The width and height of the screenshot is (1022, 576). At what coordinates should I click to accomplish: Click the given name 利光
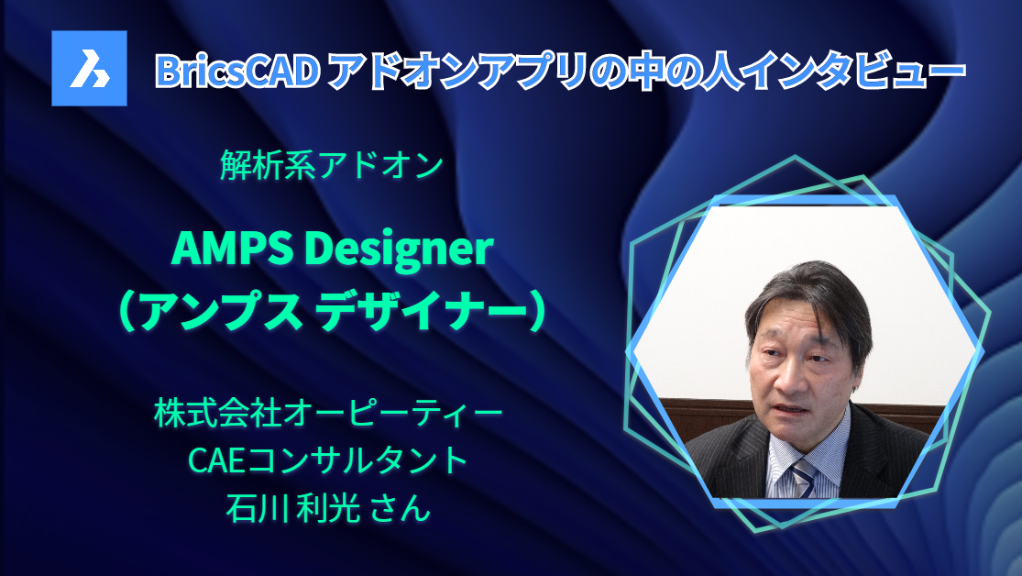point(329,506)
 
